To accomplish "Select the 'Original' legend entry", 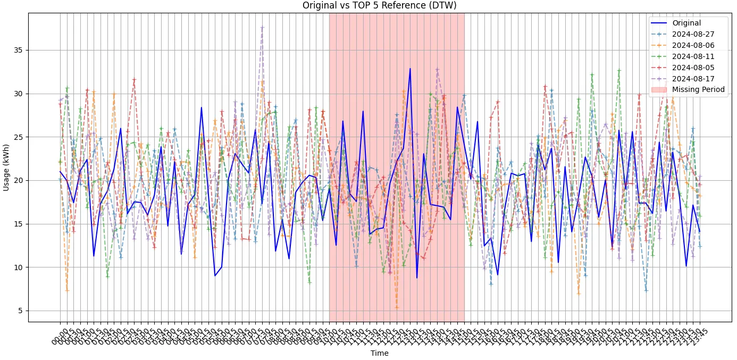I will pyautogui.click(x=686, y=23).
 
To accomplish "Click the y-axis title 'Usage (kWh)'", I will pyautogui.click(x=6, y=168).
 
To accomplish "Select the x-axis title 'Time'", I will pyautogui.click(x=379, y=353).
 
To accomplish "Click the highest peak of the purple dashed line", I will pyautogui.click(x=262, y=27).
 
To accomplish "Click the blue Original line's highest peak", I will pyautogui.click(x=410, y=69).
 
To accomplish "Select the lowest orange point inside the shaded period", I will pyautogui.click(x=397, y=307).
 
